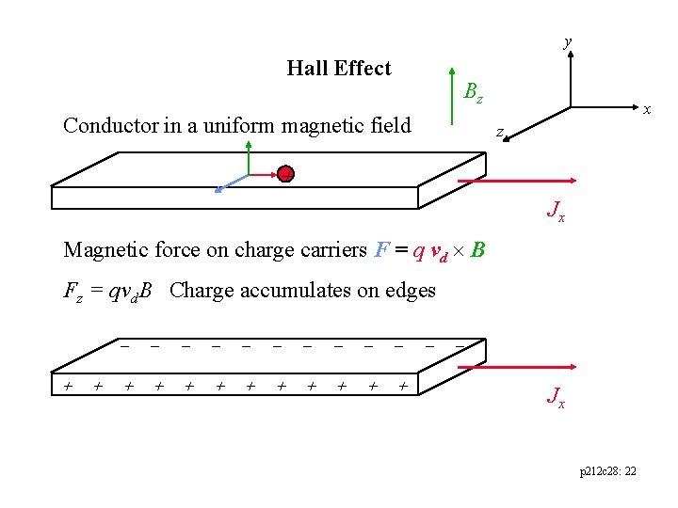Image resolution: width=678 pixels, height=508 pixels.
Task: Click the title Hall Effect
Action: pyautogui.click(x=338, y=68)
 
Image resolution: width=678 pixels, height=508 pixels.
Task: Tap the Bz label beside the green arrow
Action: pyautogui.click(x=473, y=92)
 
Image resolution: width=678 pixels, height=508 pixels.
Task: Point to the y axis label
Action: pyautogui.click(x=567, y=41)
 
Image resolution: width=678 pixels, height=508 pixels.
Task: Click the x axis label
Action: pyautogui.click(x=647, y=109)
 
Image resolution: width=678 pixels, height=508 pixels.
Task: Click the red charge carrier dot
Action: pyautogui.click(x=285, y=174)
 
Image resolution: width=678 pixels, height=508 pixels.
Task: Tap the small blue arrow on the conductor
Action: pyautogui.click(x=231, y=183)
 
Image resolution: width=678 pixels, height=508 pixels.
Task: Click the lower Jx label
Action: pyautogui.click(x=556, y=397)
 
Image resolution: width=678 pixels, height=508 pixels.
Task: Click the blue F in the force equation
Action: pyautogui.click(x=380, y=249)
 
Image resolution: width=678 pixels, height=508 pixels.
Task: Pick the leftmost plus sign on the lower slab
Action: pyautogui.click(x=68, y=385)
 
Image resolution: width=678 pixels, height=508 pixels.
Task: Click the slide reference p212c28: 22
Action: pyautogui.click(x=607, y=469)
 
